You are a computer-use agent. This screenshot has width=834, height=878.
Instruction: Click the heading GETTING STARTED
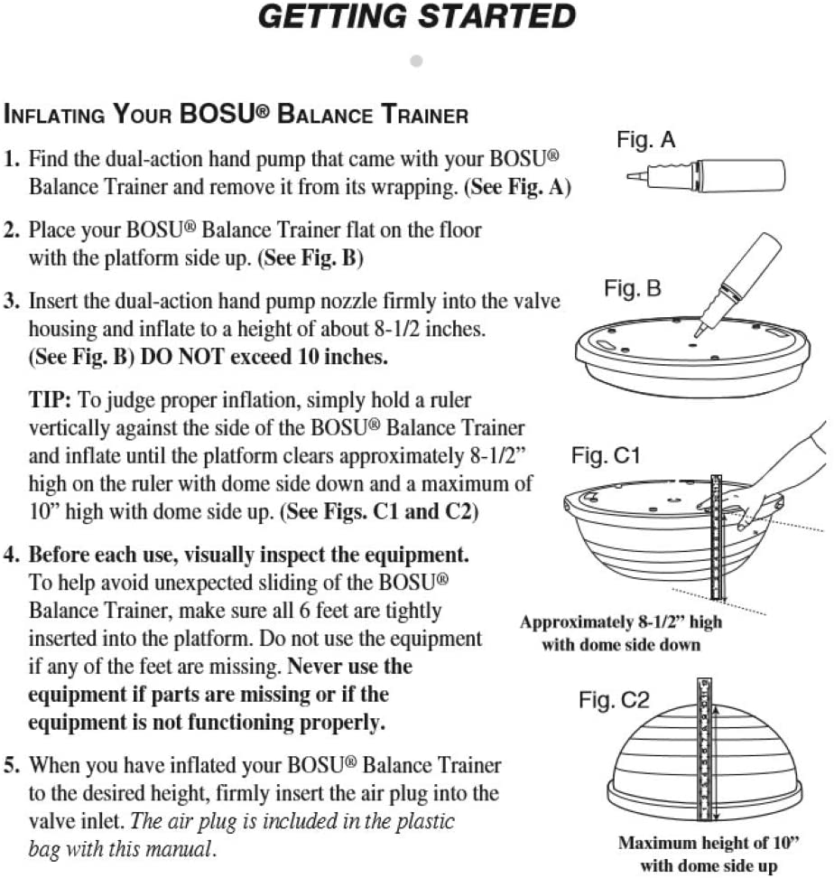(x=417, y=16)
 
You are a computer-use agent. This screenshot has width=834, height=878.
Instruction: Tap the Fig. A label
(x=645, y=139)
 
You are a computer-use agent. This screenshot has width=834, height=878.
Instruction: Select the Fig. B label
(x=633, y=288)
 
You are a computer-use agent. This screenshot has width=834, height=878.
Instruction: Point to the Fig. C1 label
(x=606, y=455)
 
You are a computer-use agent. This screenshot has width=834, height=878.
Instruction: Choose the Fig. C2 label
(x=614, y=700)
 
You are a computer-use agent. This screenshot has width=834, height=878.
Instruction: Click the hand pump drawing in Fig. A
(x=706, y=175)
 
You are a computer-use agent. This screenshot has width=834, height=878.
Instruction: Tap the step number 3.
(x=11, y=302)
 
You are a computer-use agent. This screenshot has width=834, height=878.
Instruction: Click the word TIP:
(x=50, y=400)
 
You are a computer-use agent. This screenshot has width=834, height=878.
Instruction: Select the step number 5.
(x=11, y=765)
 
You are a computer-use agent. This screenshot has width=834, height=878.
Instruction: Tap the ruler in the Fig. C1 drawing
(x=717, y=537)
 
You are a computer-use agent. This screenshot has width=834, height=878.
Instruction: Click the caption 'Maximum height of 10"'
(x=709, y=843)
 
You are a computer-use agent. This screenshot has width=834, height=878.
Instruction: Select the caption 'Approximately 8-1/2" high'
(x=621, y=622)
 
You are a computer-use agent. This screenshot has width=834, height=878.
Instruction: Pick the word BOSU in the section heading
(x=218, y=114)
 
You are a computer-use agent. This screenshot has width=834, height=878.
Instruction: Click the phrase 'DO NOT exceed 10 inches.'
(x=264, y=357)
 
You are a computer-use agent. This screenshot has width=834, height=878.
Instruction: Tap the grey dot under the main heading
(x=416, y=61)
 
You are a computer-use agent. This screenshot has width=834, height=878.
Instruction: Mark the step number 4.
(x=11, y=555)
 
